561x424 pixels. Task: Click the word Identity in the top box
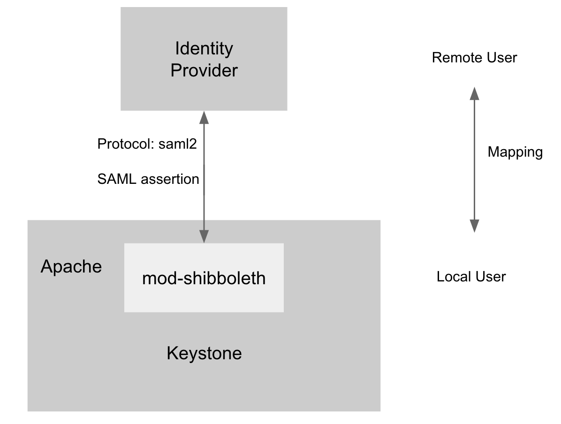[x=204, y=48]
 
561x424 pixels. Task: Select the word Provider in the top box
[x=204, y=70]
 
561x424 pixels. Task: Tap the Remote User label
[x=474, y=58]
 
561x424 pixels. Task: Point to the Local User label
[x=471, y=277]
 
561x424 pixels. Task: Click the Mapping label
[x=515, y=152]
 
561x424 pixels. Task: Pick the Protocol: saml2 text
[x=146, y=144]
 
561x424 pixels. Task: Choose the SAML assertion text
[x=148, y=179]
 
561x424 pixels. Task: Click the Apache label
[x=71, y=266]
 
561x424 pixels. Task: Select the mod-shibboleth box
[x=204, y=278]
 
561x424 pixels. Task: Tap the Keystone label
[x=204, y=353]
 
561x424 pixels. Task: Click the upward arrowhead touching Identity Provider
[x=204, y=117]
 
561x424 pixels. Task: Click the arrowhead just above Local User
[x=474, y=226]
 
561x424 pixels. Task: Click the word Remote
[x=454, y=58]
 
